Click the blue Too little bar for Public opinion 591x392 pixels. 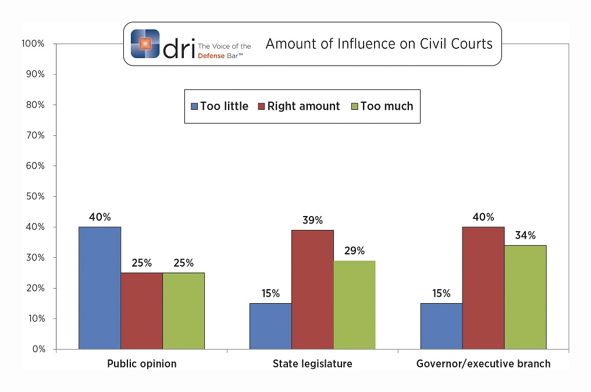[x=99, y=287]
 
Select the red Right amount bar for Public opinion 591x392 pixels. [x=141, y=311]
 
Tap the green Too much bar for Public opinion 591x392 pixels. [x=183, y=311]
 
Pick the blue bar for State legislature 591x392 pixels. [x=270, y=326]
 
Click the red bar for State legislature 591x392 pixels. [x=312, y=289]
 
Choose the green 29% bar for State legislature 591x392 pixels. [x=354, y=304]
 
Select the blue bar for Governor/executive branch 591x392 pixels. [x=442, y=326]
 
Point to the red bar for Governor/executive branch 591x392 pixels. [x=483, y=287]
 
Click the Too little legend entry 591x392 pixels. [x=220, y=106]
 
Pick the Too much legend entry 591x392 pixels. [x=383, y=106]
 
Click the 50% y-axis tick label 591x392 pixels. [x=35, y=196]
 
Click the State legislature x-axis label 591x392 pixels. [x=312, y=364]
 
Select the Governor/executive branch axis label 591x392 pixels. [x=483, y=364]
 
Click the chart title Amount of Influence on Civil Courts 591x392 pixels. [x=379, y=44]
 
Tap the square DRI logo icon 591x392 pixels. [x=145, y=43]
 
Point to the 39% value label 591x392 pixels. [x=312, y=220]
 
